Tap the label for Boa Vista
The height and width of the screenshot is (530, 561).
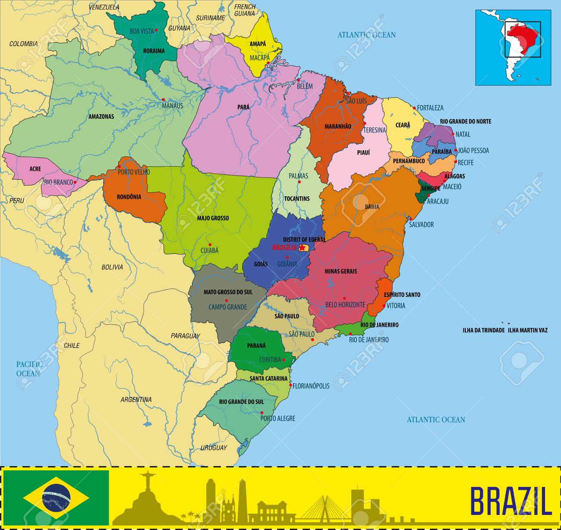142,31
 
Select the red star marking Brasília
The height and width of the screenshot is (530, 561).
304,248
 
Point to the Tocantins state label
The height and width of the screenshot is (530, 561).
296,199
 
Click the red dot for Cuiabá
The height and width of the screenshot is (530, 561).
210,245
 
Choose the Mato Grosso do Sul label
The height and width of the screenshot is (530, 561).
228,292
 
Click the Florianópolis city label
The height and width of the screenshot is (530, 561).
311,386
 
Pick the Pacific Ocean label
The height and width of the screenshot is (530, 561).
28,369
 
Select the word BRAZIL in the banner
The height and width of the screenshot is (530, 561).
510,500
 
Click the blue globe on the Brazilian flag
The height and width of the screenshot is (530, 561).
56,498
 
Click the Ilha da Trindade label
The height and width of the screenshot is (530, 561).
483,330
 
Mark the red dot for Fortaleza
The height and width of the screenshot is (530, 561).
414,108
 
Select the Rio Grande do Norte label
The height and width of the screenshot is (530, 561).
465,122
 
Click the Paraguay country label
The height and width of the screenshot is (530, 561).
185,336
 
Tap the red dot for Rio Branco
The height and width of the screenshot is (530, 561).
75,182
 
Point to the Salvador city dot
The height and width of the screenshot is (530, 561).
410,218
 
